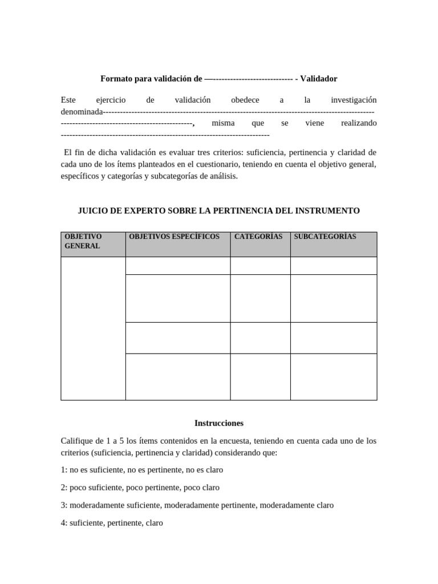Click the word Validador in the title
(319, 78)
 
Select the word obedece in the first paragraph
(245, 100)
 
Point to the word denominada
(82, 111)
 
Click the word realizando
(359, 123)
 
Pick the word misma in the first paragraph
(223, 123)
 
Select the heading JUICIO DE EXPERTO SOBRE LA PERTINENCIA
(218, 210)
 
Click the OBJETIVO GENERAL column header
(83, 241)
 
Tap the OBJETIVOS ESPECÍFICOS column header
(174, 237)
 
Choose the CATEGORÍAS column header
(258, 237)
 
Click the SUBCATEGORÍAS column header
(325, 237)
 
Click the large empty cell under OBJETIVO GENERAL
(93, 328)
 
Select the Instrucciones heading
(218, 423)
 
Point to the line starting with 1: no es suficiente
(141, 470)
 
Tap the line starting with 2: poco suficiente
(140, 488)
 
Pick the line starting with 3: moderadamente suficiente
(197, 505)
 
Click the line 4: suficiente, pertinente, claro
(112, 522)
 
